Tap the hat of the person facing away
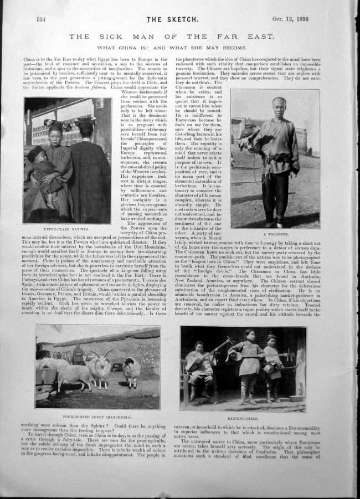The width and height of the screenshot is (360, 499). coord(86,121)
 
